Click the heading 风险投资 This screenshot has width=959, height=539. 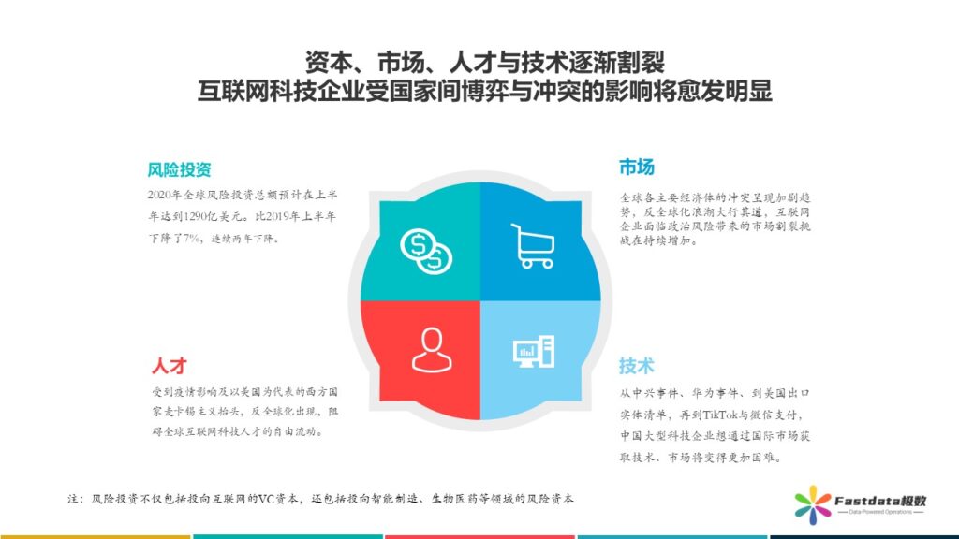tap(179, 169)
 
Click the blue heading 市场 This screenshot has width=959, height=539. tap(636, 167)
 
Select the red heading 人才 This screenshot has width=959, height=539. tap(169, 366)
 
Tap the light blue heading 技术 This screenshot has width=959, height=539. tap(636, 366)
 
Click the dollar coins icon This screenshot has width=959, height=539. tap(426, 251)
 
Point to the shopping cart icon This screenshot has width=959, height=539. tap(533, 246)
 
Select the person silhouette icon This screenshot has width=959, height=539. tap(432, 350)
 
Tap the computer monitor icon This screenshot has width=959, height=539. tap(533, 352)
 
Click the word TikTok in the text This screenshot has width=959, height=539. tap(720, 415)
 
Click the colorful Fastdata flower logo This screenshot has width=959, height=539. tap(813, 504)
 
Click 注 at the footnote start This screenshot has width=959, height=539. tap(73, 499)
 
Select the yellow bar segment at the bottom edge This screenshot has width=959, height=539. tap(95, 536)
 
